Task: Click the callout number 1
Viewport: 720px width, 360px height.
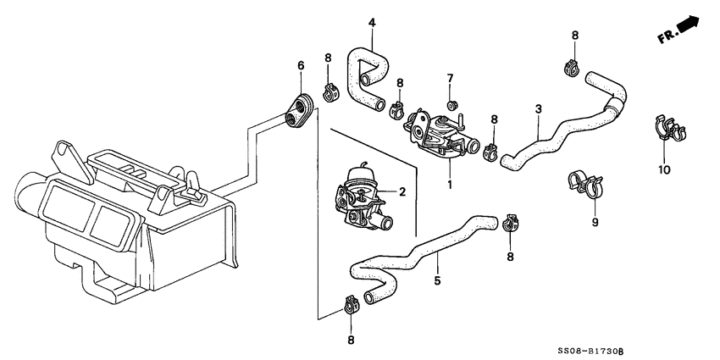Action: [x=450, y=184]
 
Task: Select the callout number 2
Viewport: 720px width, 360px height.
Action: [x=402, y=191]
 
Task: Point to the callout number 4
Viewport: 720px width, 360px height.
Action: [x=370, y=23]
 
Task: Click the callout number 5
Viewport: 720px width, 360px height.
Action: [x=437, y=280]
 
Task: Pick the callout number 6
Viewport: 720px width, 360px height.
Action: [x=300, y=65]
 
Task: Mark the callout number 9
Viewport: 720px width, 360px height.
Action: [x=595, y=223]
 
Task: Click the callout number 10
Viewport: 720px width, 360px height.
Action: [x=664, y=169]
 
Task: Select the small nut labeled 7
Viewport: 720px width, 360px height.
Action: [x=451, y=104]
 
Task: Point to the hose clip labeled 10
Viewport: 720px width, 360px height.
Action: [x=668, y=130]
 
